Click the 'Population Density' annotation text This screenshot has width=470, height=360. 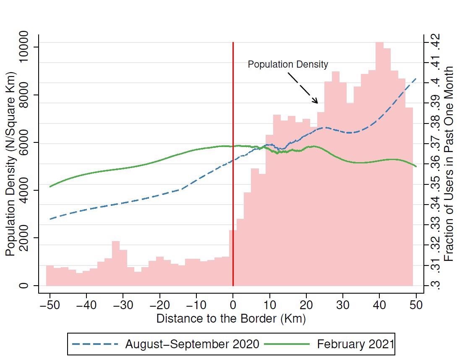click(288, 64)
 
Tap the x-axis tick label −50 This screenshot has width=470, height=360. click(50, 305)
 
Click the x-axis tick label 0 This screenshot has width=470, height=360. click(233, 305)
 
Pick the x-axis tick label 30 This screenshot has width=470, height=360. click(343, 305)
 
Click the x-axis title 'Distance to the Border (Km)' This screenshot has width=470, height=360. click(231, 318)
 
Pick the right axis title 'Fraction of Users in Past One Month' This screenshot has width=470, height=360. click(449, 164)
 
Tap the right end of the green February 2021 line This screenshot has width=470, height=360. click(416, 166)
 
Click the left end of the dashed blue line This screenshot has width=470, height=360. click(50, 219)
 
